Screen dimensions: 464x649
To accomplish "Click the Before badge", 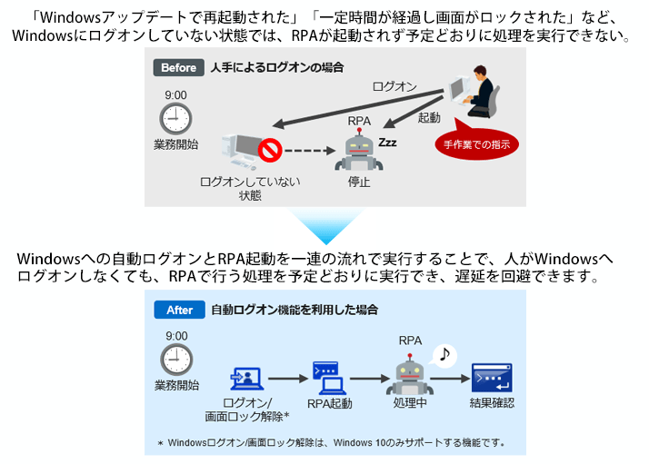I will point(178,67).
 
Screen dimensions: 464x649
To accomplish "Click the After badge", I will point(179,310).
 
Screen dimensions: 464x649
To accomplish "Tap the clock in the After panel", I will point(175,359).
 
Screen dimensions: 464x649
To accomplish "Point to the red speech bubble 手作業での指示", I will point(476,143).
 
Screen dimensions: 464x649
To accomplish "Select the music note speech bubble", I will point(444,354).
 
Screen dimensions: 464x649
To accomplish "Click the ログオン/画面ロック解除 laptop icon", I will point(246,378).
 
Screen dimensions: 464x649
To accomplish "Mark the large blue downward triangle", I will point(325,223).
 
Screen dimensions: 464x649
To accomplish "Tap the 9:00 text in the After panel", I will point(175,335).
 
